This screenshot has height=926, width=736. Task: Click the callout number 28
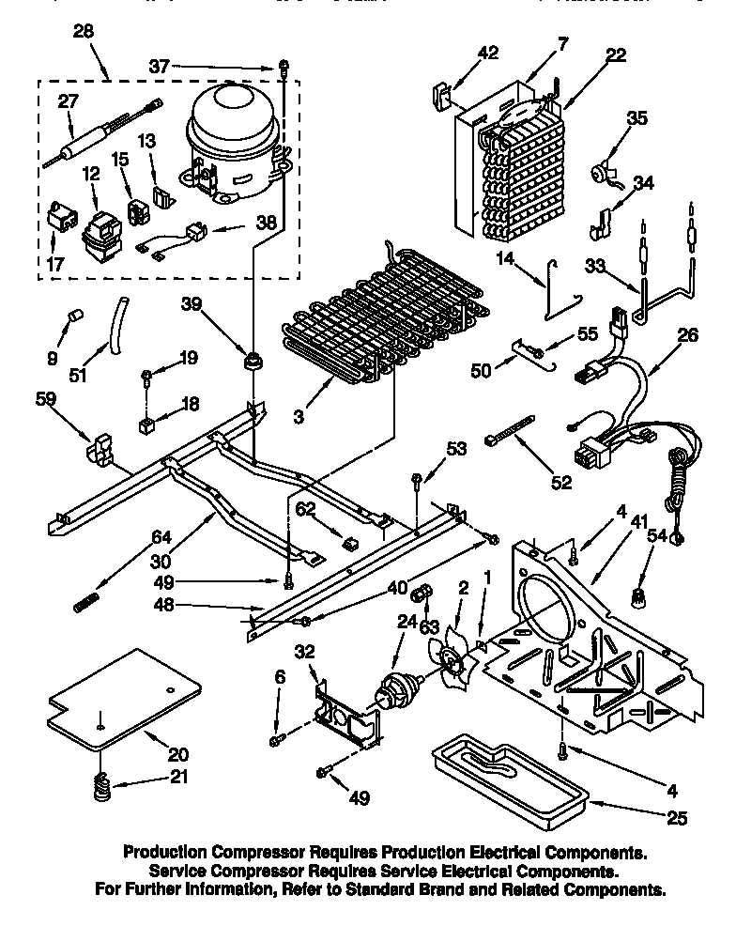84,34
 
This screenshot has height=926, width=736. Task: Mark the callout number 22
616,55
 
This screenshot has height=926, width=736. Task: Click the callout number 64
161,537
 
